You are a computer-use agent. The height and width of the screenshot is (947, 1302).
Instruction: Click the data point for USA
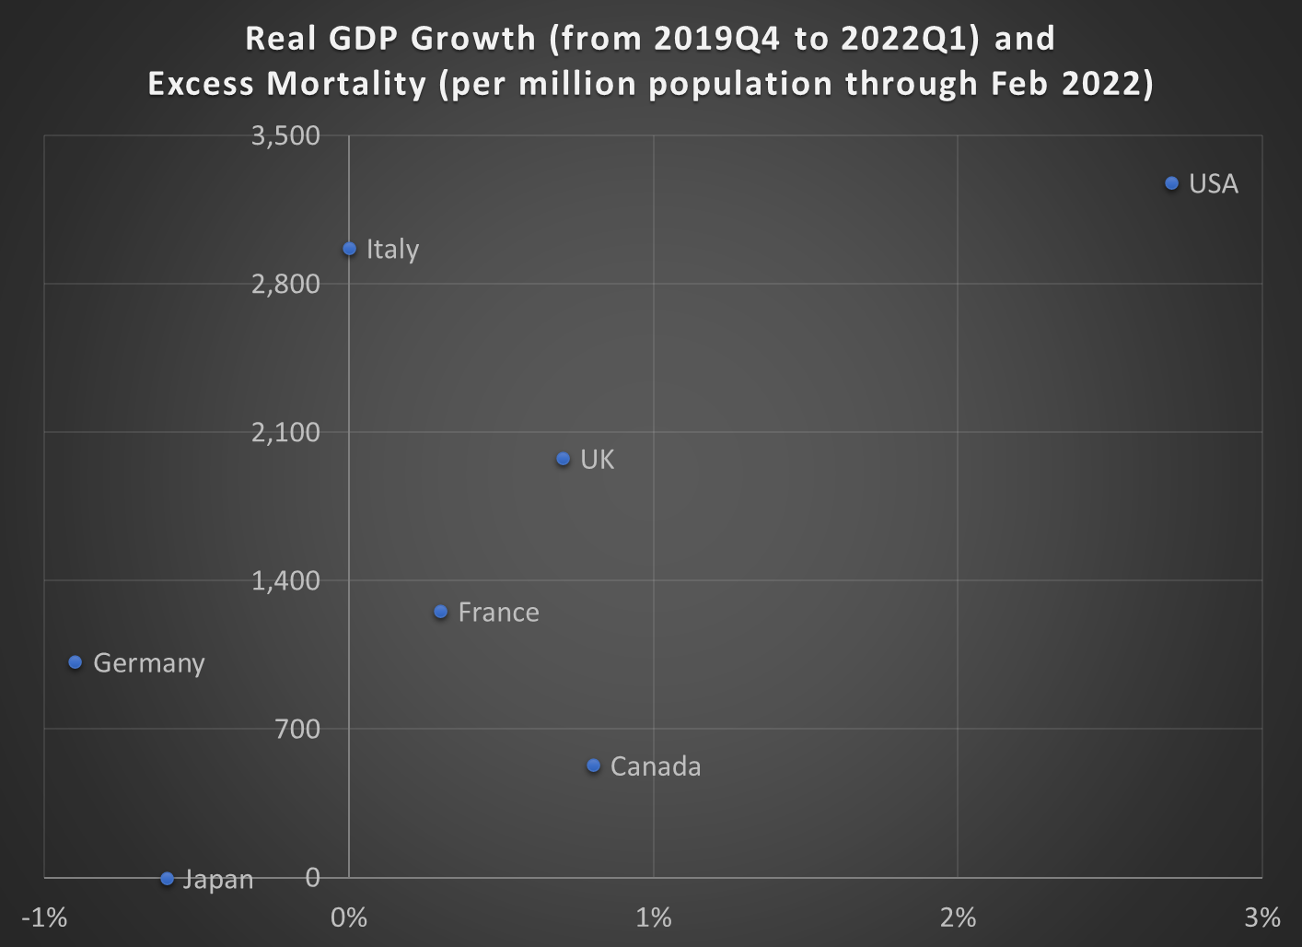tap(1171, 183)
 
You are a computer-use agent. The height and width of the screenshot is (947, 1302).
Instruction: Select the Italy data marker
tap(349, 249)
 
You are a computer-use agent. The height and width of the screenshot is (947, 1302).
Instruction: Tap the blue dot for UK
tap(564, 459)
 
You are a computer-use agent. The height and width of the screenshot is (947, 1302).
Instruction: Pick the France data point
tap(440, 612)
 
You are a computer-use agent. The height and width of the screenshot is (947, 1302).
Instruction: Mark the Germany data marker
tap(76, 662)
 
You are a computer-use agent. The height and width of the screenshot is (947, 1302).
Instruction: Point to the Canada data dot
tap(593, 766)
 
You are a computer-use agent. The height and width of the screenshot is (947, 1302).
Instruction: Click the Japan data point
tap(167, 879)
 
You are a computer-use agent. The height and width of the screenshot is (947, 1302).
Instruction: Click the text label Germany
tap(148, 663)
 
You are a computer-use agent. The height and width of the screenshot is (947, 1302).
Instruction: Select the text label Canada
tap(656, 766)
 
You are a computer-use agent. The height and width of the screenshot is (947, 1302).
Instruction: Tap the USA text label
tap(1213, 184)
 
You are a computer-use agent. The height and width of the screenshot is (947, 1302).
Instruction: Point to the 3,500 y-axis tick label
tap(285, 135)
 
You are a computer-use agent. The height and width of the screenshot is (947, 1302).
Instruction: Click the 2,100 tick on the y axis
tap(285, 432)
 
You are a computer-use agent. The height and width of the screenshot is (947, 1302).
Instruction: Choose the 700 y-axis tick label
tap(297, 729)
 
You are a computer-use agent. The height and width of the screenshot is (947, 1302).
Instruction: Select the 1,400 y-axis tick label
tap(285, 580)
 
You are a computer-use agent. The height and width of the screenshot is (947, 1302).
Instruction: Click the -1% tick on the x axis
tap(44, 918)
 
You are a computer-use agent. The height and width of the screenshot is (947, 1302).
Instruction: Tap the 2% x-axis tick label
tap(958, 918)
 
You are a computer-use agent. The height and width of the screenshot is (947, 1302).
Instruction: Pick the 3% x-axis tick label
tap(1261, 918)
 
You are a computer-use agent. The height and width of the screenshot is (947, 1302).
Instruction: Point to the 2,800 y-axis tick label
tap(285, 284)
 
